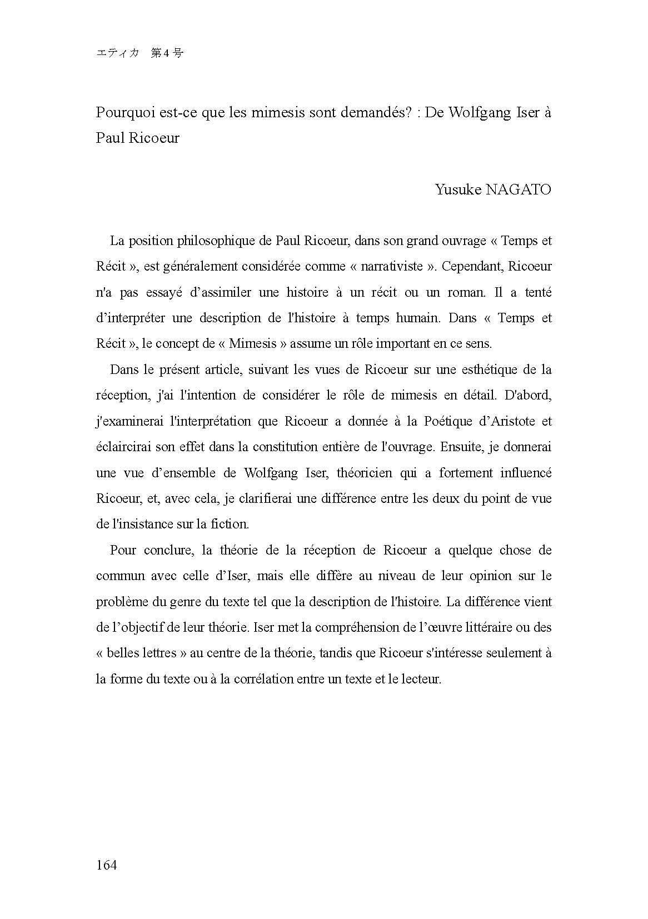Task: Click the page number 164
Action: (106, 865)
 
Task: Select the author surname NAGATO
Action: (518, 189)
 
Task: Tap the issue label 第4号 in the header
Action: (167, 54)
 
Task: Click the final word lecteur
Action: (421, 679)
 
